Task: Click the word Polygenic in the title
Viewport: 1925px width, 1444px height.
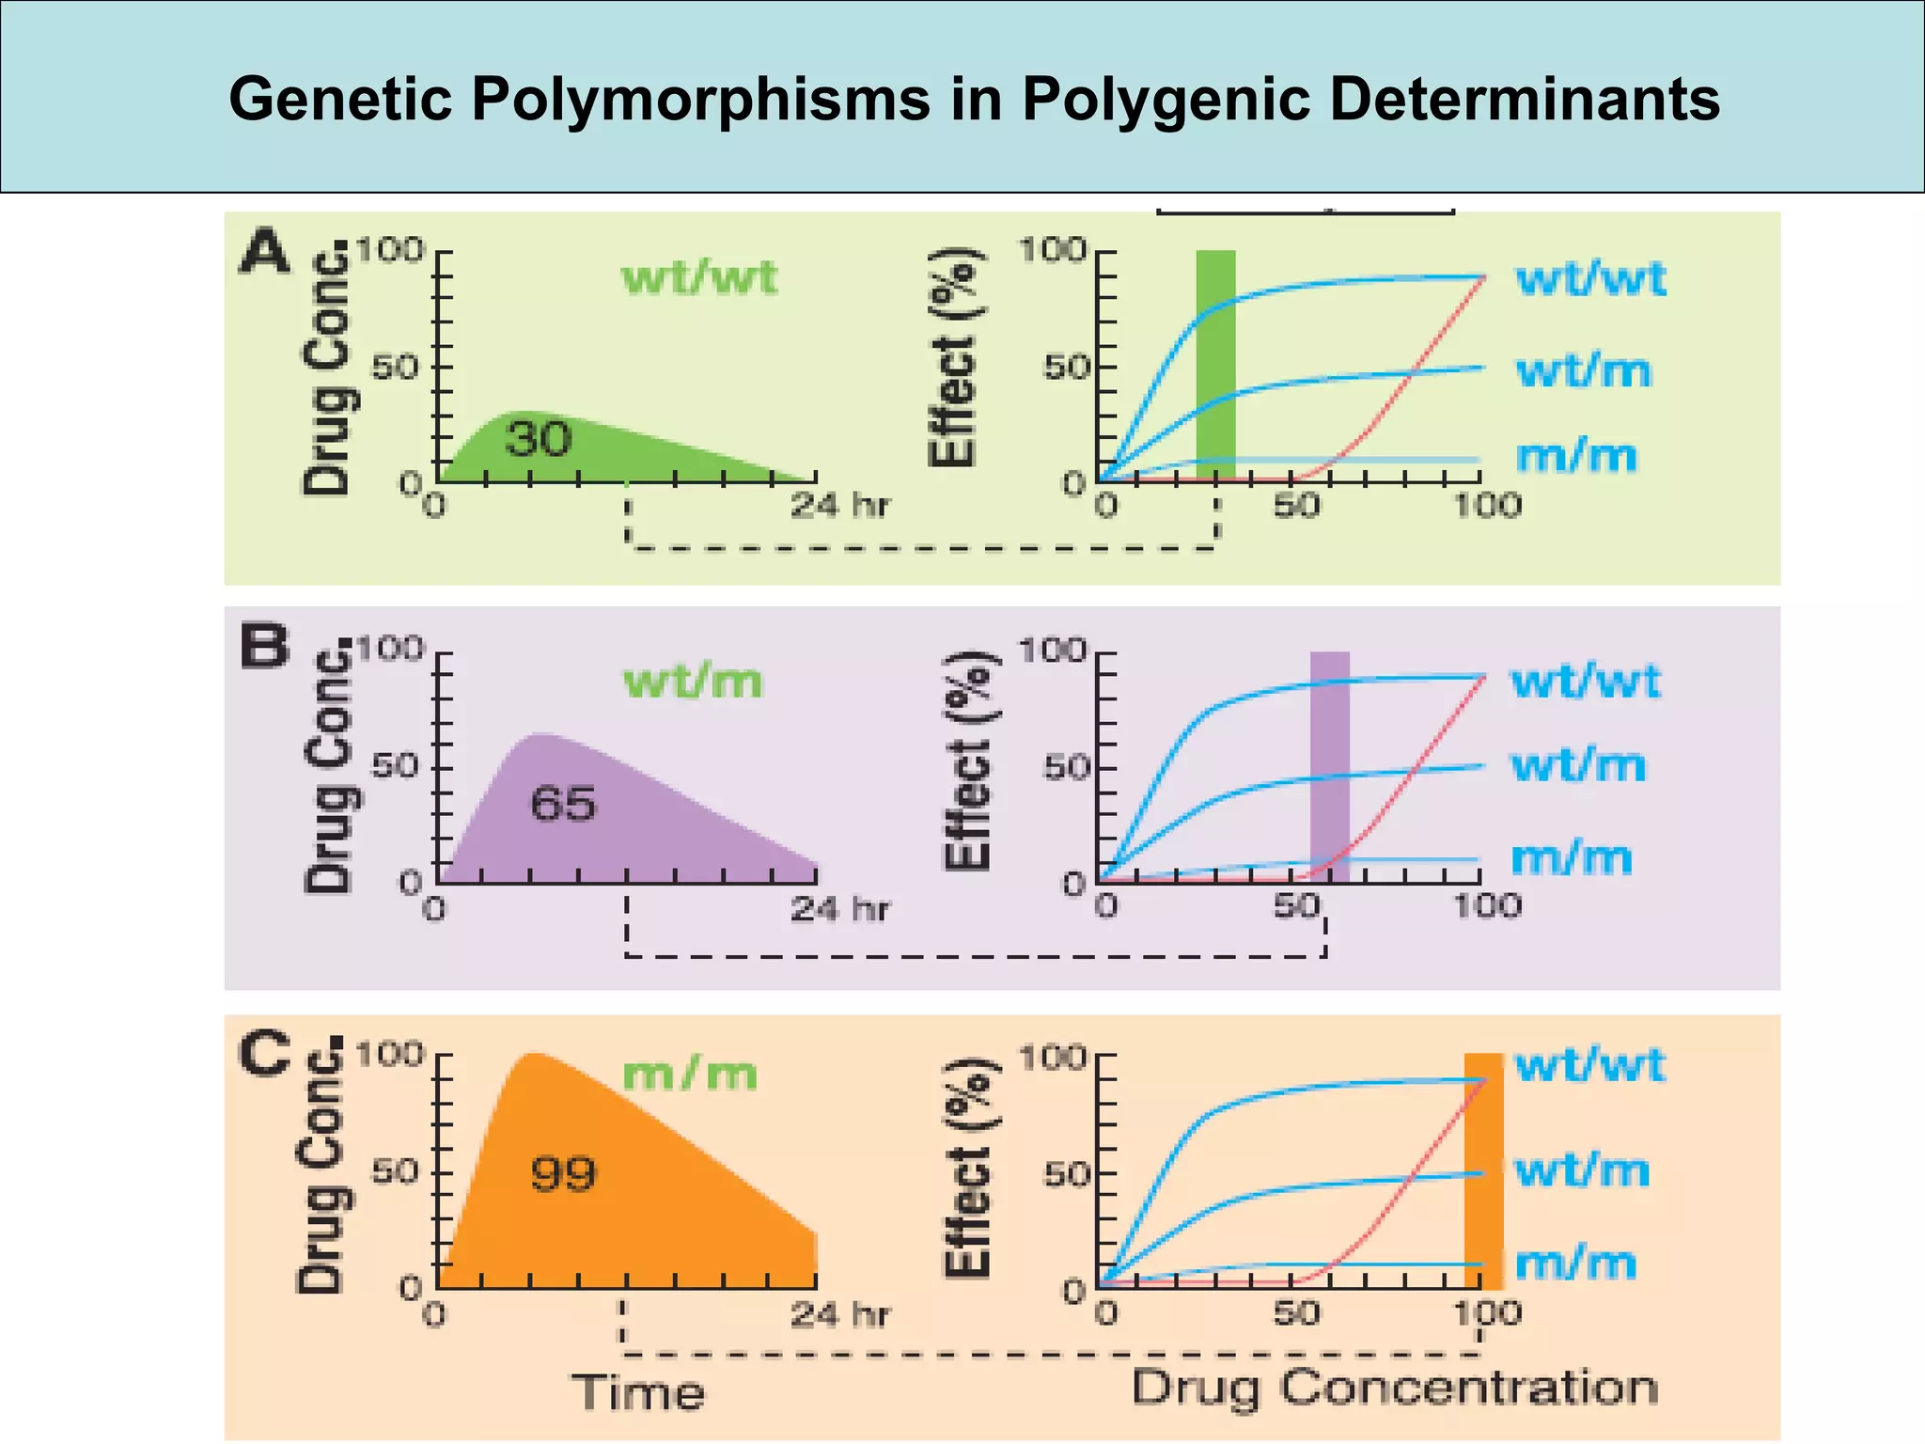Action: tap(1166, 100)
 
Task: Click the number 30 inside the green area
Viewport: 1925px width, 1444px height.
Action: tap(538, 439)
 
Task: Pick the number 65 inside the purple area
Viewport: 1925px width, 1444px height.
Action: tap(563, 804)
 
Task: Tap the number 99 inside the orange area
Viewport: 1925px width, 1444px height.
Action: tap(563, 1173)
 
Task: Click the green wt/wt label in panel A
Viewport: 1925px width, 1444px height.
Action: tap(699, 278)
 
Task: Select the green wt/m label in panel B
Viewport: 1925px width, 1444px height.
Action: tap(693, 681)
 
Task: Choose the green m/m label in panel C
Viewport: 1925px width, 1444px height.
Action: tap(689, 1074)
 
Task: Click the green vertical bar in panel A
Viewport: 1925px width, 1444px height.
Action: tap(1215, 367)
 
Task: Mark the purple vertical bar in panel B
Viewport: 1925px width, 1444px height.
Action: tap(1329, 766)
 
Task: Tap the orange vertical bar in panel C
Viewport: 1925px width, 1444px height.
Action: tap(1483, 1170)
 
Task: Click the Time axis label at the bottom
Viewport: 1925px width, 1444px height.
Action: tap(638, 1392)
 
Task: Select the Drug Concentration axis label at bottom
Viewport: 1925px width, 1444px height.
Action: tap(1394, 1389)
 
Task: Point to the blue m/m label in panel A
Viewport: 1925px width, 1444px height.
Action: tap(1576, 456)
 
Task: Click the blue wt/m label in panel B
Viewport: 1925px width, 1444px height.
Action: tap(1578, 765)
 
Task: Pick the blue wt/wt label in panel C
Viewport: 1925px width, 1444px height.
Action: tap(1589, 1065)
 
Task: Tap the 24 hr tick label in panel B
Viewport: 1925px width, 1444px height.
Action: tap(838, 908)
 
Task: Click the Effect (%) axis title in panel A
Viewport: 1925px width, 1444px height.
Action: tap(955, 357)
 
